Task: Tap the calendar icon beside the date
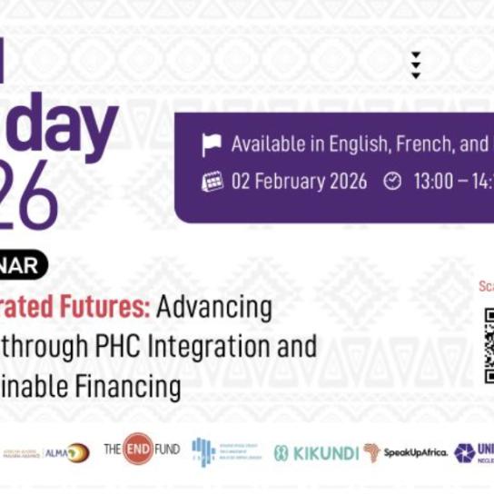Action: click(212, 181)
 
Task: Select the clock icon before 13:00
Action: click(392, 181)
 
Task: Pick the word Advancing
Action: click(213, 308)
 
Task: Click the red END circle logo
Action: click(138, 449)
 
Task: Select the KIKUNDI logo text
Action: click(323, 452)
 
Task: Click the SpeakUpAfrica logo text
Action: click(414, 452)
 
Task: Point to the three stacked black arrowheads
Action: click(415, 64)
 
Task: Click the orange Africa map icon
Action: click(371, 451)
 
